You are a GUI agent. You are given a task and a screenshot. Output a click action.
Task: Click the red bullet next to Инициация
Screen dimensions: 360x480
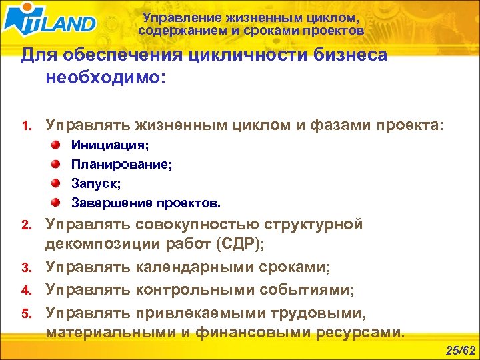coord(57,145)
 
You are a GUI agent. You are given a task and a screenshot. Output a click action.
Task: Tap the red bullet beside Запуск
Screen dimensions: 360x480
coord(57,183)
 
